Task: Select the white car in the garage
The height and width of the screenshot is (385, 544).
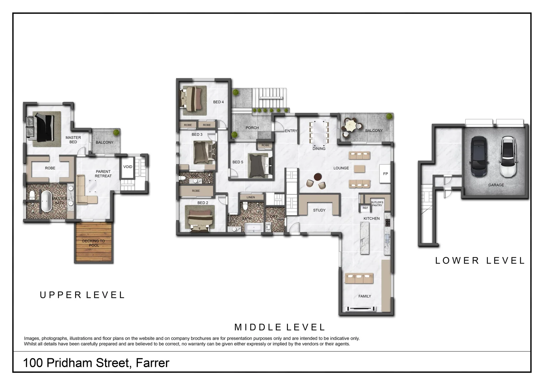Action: click(507, 156)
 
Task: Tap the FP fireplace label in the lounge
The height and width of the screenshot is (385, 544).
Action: click(385, 174)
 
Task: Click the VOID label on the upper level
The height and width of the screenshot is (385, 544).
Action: click(128, 167)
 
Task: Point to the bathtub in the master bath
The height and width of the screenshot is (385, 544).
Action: click(47, 201)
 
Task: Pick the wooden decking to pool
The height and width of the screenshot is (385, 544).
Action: click(94, 243)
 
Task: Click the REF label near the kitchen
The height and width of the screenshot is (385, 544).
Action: click(365, 208)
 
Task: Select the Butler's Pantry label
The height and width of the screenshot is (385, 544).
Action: click(377, 204)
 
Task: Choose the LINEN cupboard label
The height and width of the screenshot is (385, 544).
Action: click(251, 197)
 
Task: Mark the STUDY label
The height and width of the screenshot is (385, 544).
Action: click(319, 210)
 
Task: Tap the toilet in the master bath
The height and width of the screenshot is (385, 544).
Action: click(32, 195)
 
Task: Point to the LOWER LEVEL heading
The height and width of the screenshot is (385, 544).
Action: click(480, 261)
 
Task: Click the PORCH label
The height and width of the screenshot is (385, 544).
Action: click(252, 128)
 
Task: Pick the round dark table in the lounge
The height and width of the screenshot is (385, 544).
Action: click(317, 176)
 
